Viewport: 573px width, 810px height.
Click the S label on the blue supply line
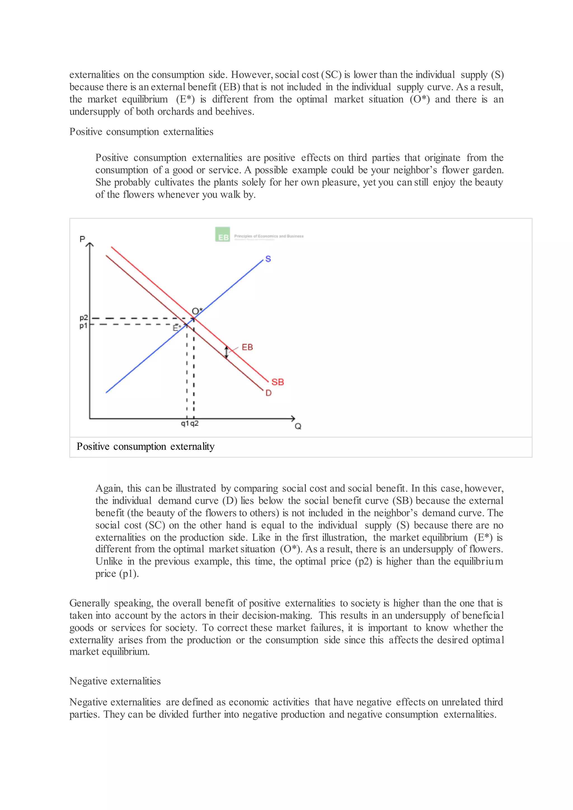tap(268, 259)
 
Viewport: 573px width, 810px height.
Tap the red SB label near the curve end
tap(278, 382)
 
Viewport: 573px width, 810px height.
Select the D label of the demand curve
tap(269, 393)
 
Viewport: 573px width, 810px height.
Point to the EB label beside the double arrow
tap(247, 347)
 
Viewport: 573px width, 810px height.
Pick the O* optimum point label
tap(197, 311)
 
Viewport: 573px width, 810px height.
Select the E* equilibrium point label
tap(177, 328)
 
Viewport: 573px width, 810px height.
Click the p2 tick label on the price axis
tap(84, 317)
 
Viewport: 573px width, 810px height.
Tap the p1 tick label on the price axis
tap(83, 326)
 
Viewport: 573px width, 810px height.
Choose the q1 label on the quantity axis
tap(185, 423)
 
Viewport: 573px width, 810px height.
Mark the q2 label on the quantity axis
tap(194, 423)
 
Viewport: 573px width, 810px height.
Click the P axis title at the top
tap(82, 239)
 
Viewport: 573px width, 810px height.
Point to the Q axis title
tap(298, 427)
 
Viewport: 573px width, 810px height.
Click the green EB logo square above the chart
tap(223, 235)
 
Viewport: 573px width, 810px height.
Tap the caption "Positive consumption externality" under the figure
tap(145, 447)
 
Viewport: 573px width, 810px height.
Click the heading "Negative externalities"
tap(115, 681)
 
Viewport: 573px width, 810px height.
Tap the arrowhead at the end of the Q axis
tap(293, 418)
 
